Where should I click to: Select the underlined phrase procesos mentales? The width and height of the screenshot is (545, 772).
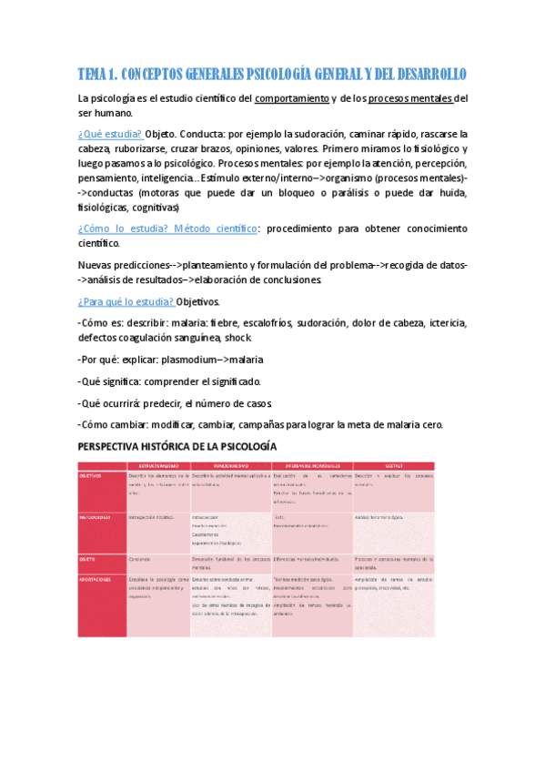point(410,97)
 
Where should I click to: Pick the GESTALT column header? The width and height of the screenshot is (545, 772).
point(394,466)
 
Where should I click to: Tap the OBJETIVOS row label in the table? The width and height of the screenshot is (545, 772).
point(91,475)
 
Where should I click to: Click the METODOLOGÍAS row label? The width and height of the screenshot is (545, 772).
point(95,516)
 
